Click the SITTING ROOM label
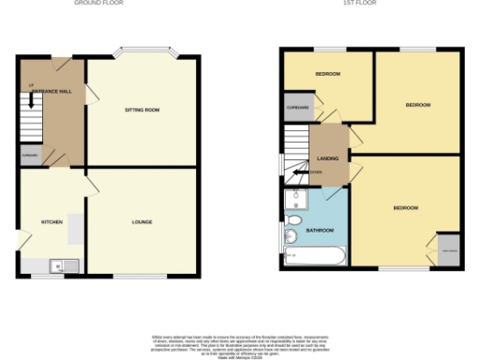(142, 110)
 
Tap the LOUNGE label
(142, 221)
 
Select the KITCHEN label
(51, 221)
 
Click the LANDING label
(328, 158)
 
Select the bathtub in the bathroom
(313, 257)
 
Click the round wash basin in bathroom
(293, 217)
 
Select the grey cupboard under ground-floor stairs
(32, 154)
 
